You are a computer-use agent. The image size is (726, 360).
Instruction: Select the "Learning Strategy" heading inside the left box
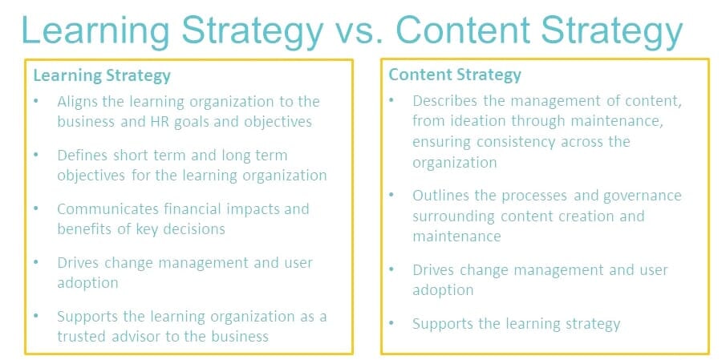point(102,76)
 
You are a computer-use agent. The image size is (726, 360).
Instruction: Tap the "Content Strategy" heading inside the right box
point(455,75)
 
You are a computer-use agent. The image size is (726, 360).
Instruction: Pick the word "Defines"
point(82,155)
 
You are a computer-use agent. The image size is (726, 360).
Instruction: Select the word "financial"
point(189,208)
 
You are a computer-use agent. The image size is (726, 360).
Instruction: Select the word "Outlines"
point(441,195)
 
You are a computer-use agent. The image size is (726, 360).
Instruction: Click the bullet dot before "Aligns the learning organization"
point(36,102)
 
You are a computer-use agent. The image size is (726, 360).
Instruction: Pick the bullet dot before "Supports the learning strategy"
point(391,324)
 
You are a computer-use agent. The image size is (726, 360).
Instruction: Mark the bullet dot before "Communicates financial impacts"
point(36,208)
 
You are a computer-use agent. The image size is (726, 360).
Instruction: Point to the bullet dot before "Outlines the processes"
point(391,195)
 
